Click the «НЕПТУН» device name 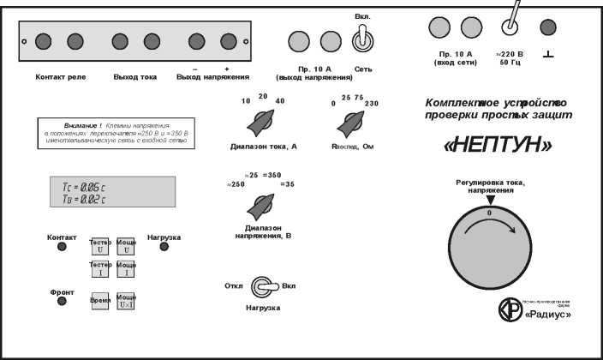point(487,146)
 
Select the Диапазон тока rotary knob point(258,126)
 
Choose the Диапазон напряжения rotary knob point(260,207)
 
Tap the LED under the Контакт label point(62,248)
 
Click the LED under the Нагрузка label point(164,248)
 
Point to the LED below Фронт point(62,302)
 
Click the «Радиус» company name point(547,315)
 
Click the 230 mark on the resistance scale point(371,103)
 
